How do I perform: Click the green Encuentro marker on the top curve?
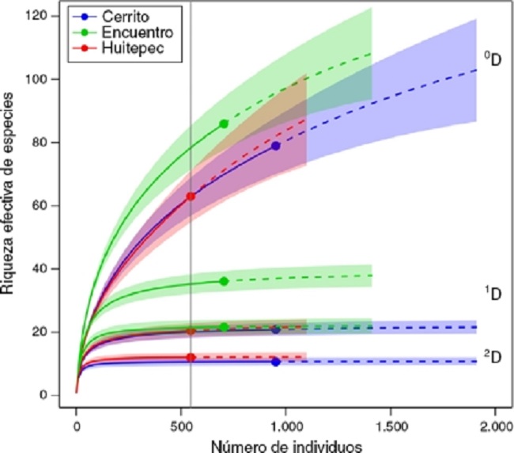[x=224, y=124]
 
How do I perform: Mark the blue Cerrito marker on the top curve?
[x=275, y=146]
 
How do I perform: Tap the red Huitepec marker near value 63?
[x=191, y=196]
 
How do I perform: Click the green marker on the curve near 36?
[x=224, y=281]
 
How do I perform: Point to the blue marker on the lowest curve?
[x=275, y=362]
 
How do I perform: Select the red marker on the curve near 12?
[x=191, y=357]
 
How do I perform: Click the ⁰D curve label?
[x=493, y=59]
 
